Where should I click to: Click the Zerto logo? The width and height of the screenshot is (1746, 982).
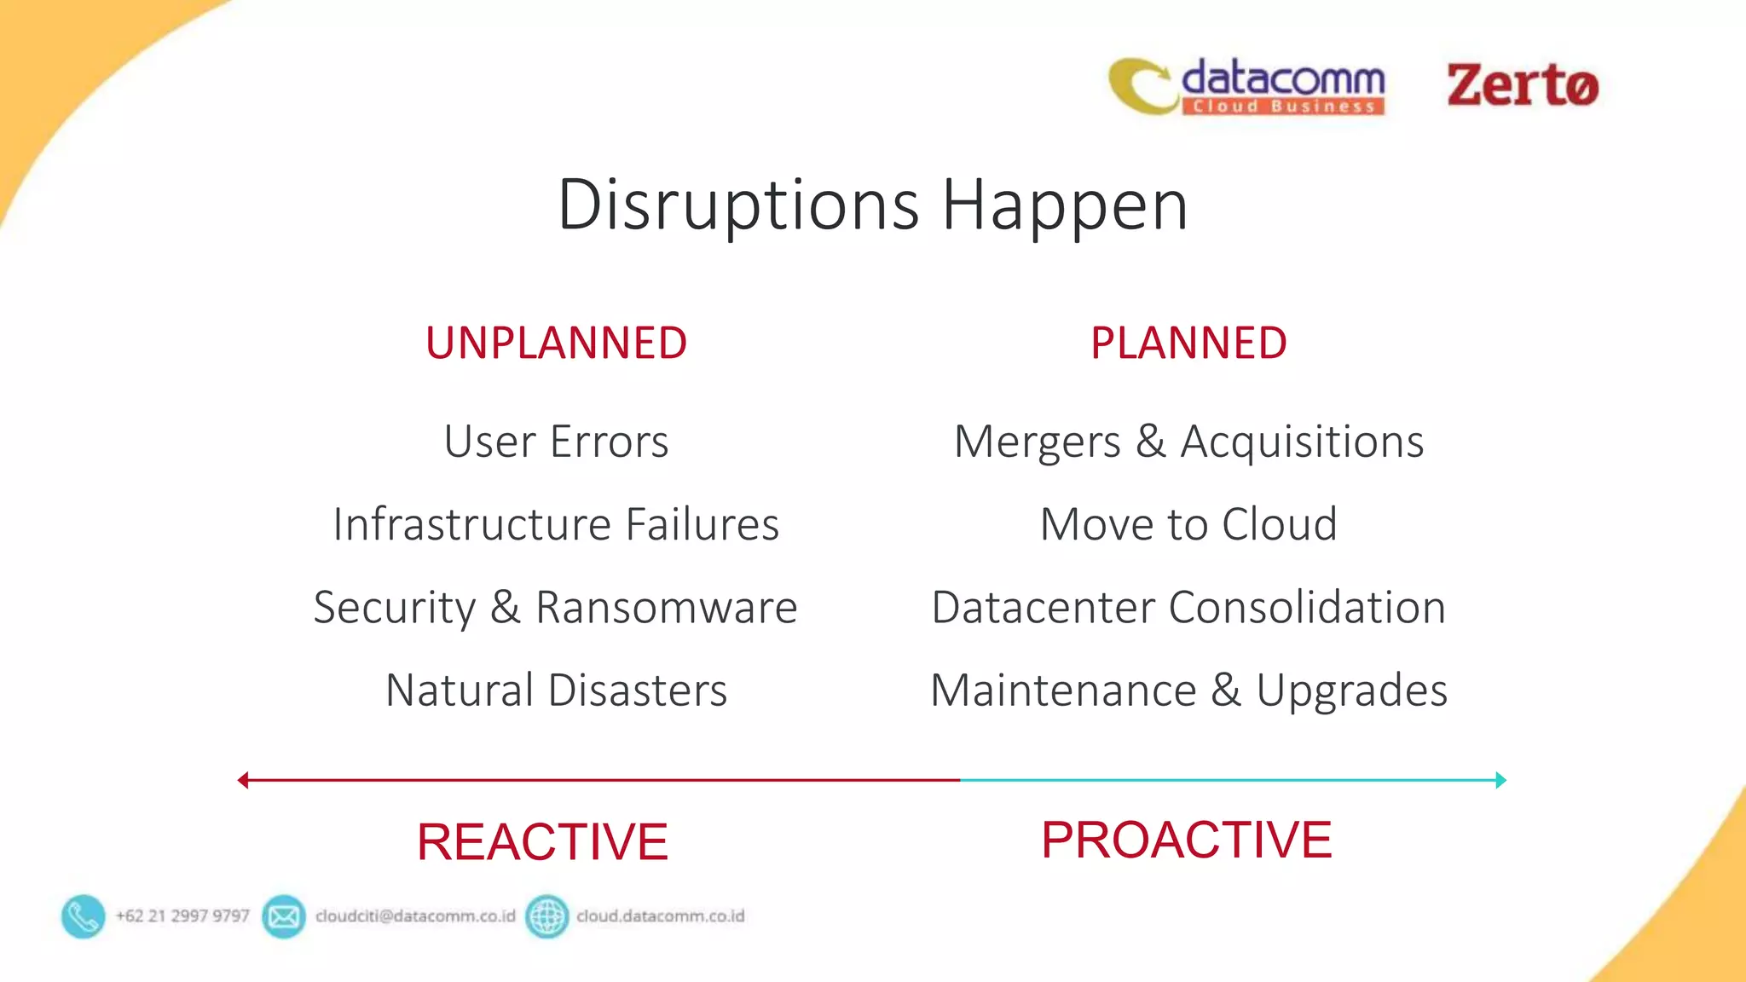tap(1522, 85)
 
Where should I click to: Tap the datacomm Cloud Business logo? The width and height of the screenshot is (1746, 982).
tap(1247, 86)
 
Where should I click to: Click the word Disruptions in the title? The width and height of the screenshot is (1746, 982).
tap(738, 205)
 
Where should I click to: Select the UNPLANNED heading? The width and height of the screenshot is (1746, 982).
tap(556, 343)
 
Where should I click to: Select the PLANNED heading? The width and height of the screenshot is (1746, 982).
tap(1188, 343)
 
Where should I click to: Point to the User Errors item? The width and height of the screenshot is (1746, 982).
tap(556, 442)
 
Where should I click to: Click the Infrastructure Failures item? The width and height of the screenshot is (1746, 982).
tap(556, 523)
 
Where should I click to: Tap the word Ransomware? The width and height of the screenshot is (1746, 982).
tap(666, 607)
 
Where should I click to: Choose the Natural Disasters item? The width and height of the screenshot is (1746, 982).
tap(556, 690)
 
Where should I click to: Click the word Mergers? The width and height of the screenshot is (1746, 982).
tap(1037, 442)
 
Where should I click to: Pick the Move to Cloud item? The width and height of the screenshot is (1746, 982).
tap(1188, 523)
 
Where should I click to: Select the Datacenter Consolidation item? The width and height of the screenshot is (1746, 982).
tap(1188, 607)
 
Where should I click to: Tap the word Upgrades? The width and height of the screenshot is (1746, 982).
tap(1351, 690)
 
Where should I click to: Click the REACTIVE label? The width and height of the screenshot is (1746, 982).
tap(542, 841)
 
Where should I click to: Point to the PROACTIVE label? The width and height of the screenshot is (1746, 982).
tap(1186, 840)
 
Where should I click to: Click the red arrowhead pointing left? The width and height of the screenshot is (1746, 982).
tap(243, 780)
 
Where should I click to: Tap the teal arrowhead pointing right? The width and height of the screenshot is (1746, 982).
tap(1500, 780)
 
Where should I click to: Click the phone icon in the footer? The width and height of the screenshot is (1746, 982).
tap(84, 916)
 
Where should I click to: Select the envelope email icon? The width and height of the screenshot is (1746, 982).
tap(284, 916)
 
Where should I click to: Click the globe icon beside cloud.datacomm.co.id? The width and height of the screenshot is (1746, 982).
tap(546, 916)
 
